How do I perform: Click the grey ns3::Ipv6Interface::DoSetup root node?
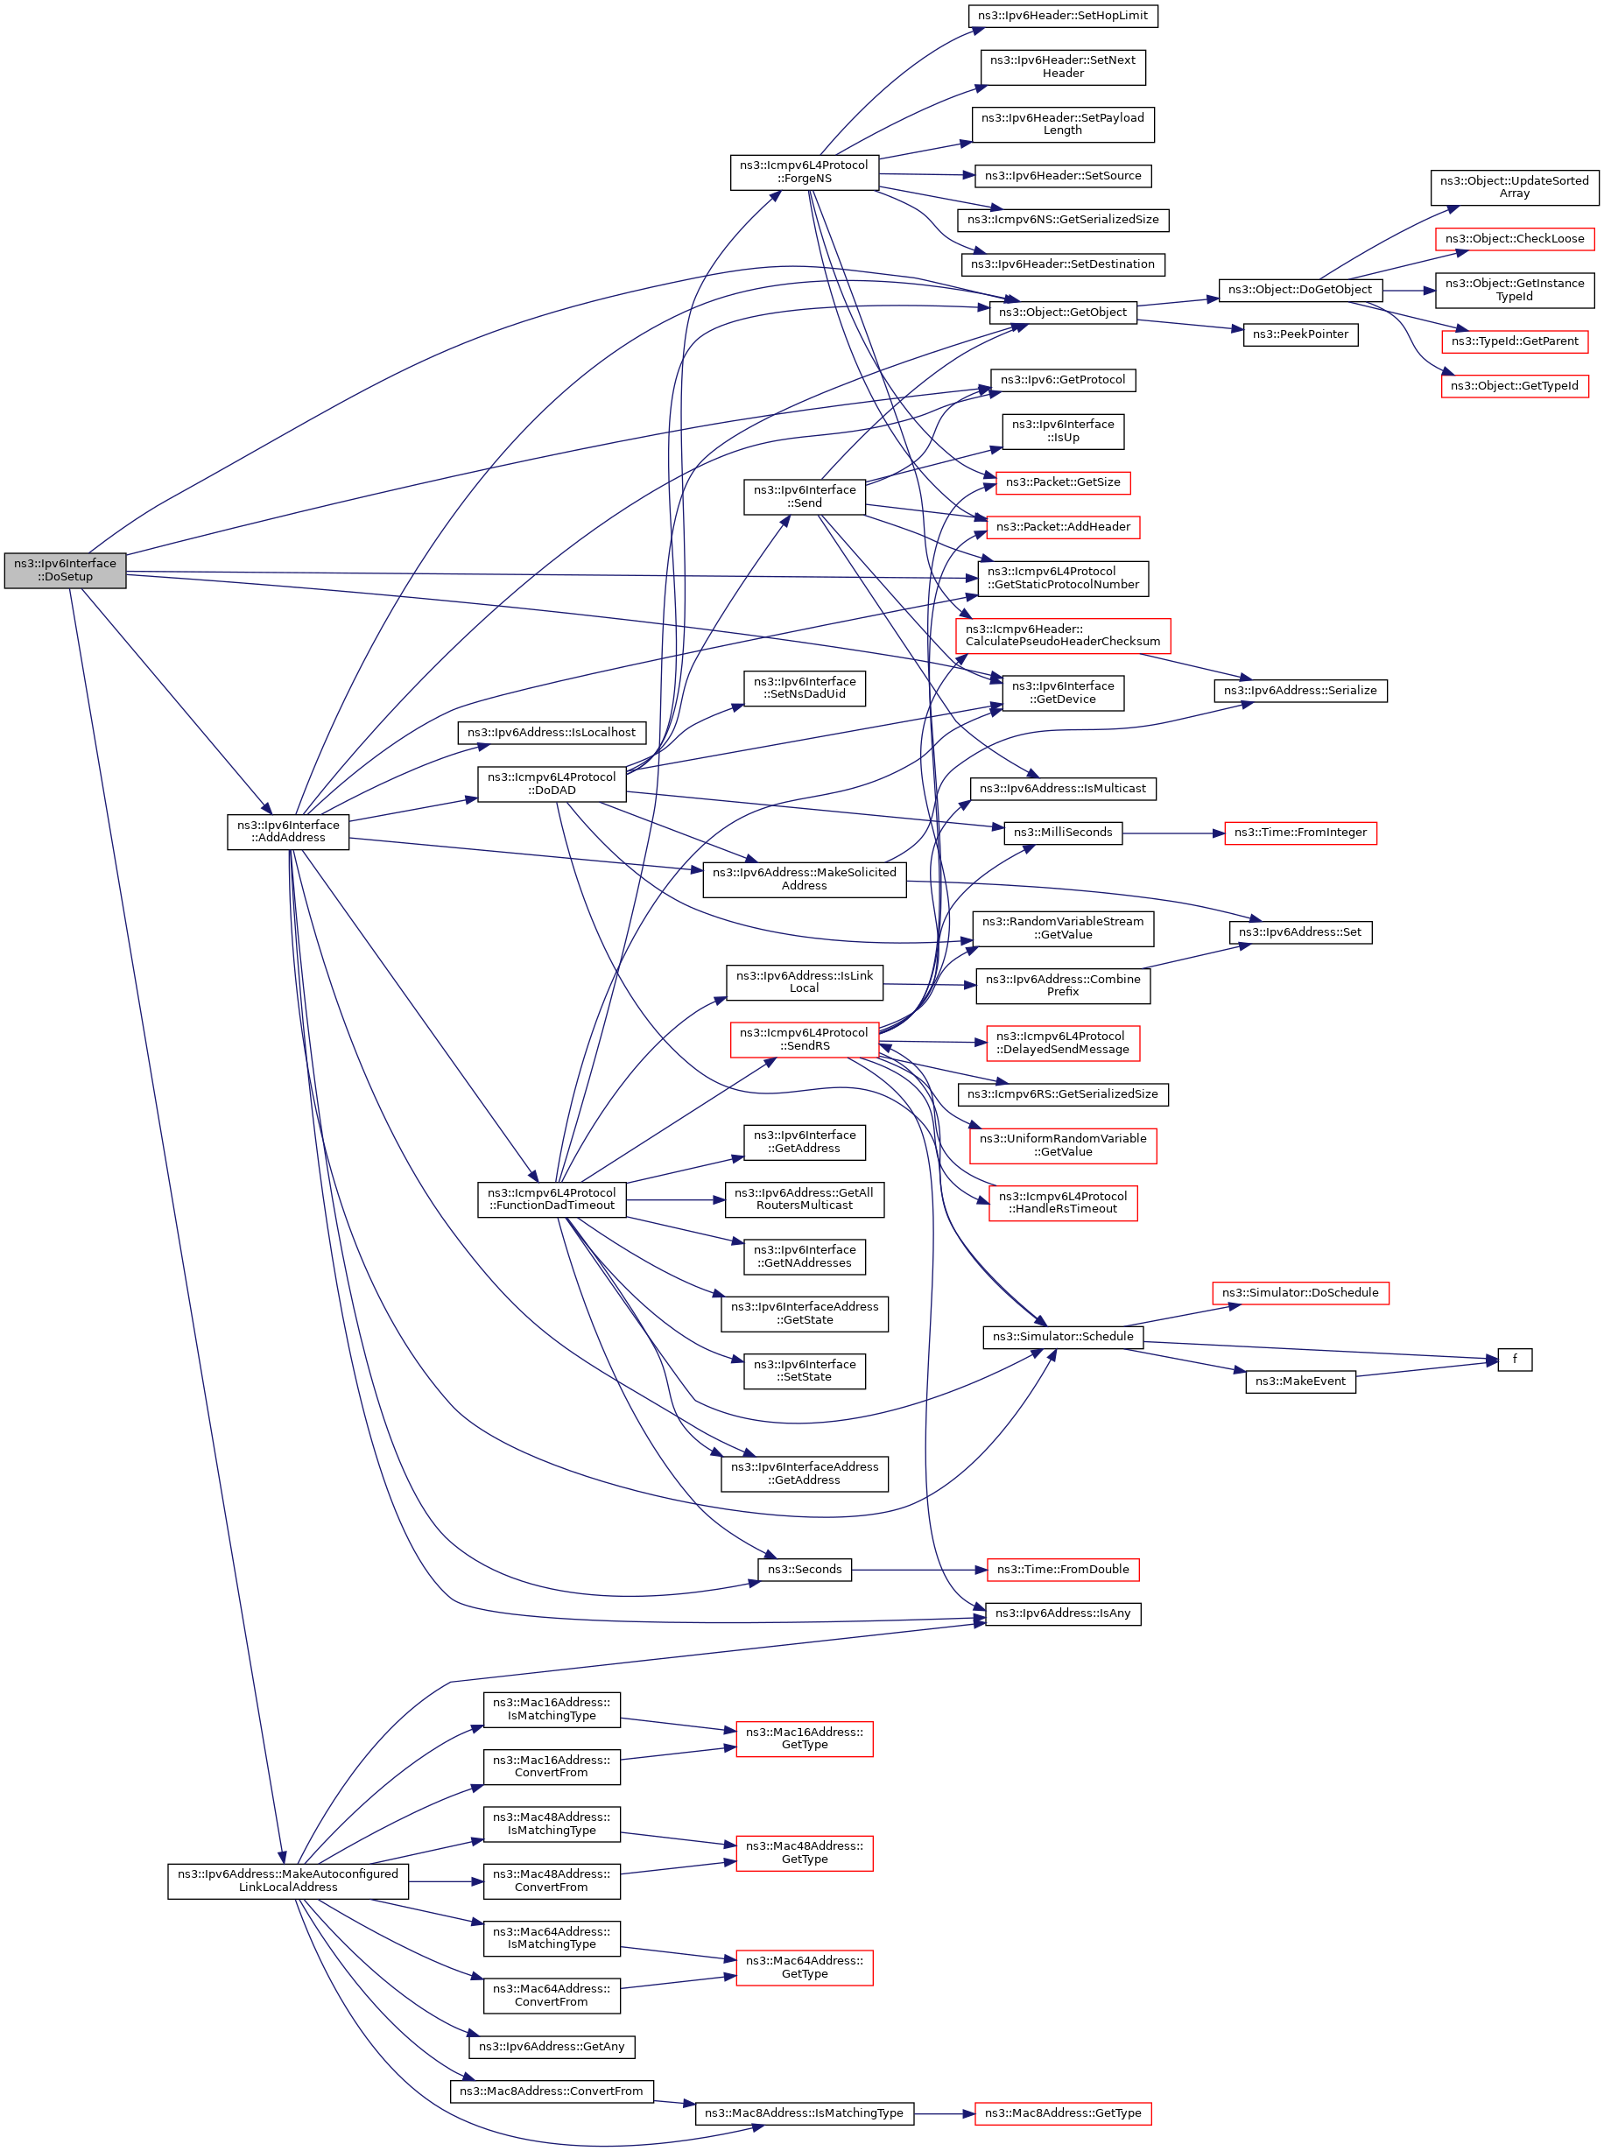click(65, 570)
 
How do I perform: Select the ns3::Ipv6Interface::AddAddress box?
click(288, 832)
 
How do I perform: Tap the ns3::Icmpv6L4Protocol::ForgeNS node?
click(804, 172)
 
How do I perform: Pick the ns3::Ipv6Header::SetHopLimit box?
click(1062, 16)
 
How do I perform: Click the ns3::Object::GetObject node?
click(1062, 313)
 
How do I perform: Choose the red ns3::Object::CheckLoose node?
click(1514, 239)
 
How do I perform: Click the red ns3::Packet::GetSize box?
click(1062, 482)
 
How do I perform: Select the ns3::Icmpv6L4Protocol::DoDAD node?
click(552, 784)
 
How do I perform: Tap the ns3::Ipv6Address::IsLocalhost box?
click(552, 733)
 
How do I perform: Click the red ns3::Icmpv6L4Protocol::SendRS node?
click(804, 1039)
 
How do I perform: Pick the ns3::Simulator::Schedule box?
click(1062, 1337)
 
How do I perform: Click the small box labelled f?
click(1514, 1359)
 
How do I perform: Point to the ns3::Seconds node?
click(804, 1570)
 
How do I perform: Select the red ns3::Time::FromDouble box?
click(1062, 1570)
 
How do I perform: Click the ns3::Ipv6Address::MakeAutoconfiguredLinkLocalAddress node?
click(287, 1880)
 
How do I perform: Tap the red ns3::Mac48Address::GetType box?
click(804, 1852)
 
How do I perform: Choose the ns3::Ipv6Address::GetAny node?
click(552, 2046)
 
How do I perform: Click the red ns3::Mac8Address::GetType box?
click(1062, 2113)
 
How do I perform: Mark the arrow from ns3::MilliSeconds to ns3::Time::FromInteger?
click(1173, 833)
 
